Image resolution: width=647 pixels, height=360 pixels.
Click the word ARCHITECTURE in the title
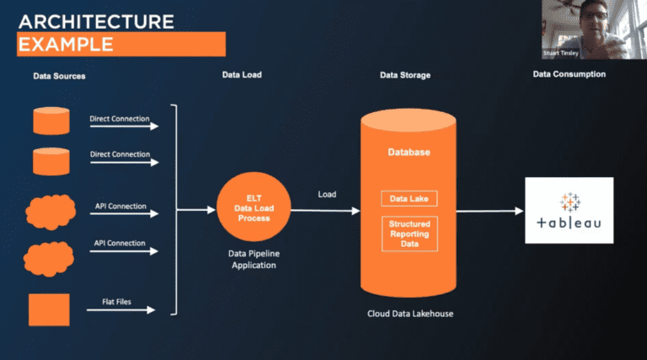tap(96, 20)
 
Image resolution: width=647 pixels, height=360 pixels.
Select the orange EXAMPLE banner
tap(121, 44)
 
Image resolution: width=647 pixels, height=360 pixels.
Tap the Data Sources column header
tap(59, 76)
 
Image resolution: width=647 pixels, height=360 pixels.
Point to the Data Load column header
tap(242, 75)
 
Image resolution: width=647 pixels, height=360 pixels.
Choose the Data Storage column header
tap(405, 75)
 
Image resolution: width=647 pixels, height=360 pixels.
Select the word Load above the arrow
tap(327, 195)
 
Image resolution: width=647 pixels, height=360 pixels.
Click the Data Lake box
tap(409, 199)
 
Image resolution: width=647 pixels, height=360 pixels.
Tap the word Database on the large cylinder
tap(409, 153)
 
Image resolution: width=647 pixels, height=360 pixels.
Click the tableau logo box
tap(569, 210)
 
